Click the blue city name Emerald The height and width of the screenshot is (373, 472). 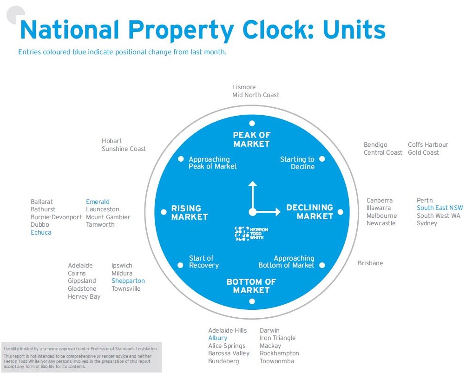click(98, 202)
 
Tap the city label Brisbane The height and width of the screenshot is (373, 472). click(370, 263)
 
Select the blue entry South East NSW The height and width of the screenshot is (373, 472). click(439, 208)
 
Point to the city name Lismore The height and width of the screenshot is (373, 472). click(244, 87)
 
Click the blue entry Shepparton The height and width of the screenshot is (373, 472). click(128, 281)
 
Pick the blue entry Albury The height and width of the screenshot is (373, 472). click(217, 338)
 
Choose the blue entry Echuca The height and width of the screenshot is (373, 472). click(41, 232)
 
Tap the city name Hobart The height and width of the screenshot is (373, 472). click(111, 141)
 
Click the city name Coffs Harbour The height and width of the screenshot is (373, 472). click(428, 145)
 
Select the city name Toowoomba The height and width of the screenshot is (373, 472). click(277, 361)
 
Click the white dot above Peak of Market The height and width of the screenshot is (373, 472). click(252, 124)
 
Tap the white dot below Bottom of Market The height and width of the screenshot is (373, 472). click(252, 301)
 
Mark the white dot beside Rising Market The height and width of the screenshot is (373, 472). click(164, 212)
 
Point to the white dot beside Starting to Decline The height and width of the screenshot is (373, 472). click(322, 159)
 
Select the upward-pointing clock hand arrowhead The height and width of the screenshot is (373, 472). click(252, 184)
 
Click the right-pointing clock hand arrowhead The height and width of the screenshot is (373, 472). click(277, 212)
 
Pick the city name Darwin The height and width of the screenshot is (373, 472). click(269, 331)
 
